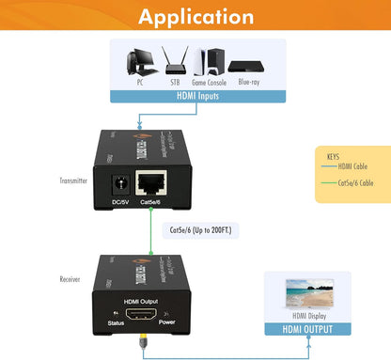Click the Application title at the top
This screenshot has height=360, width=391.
pyautogui.click(x=195, y=17)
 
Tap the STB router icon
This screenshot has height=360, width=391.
pyautogui.click(x=172, y=61)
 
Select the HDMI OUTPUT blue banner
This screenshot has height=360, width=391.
pyautogui.click(x=306, y=329)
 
